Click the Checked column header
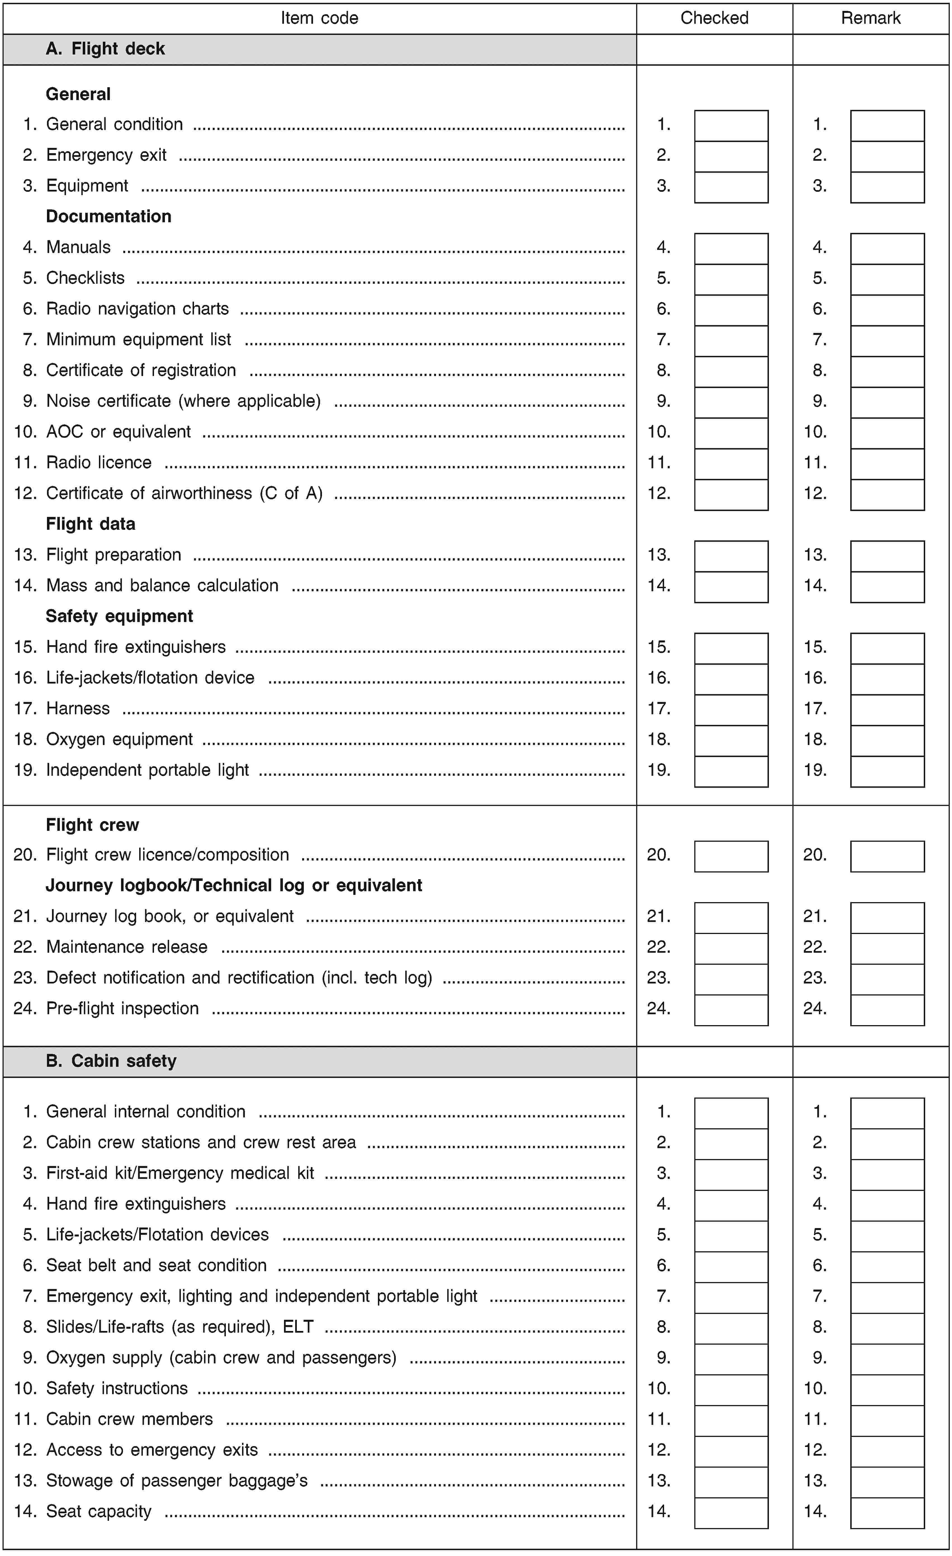[x=714, y=18]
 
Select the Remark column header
[x=871, y=18]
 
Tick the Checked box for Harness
[x=731, y=709]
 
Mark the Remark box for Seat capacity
[x=887, y=1512]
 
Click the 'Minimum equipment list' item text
[x=138, y=340]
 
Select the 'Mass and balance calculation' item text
[x=162, y=585]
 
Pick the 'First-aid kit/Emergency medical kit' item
[x=180, y=1173]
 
